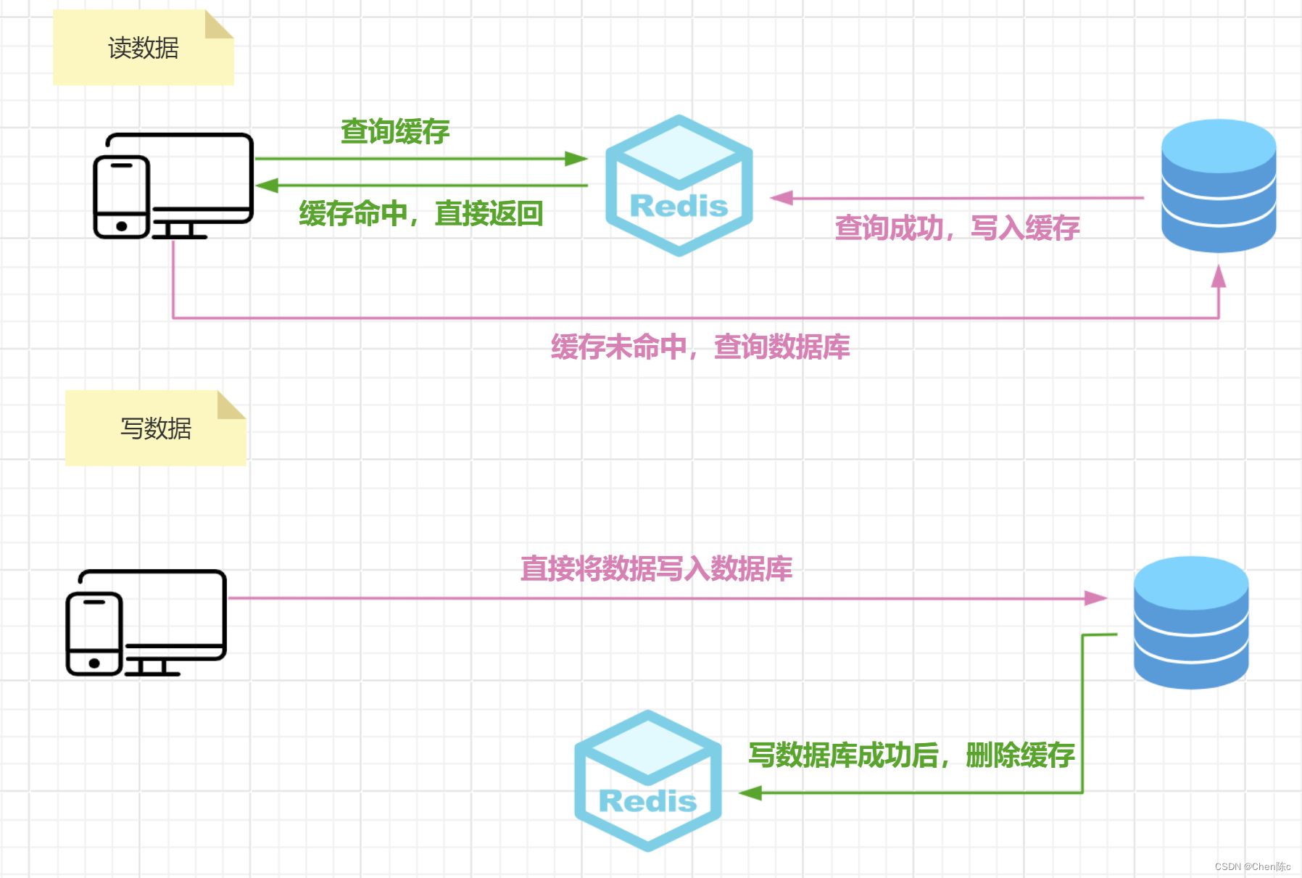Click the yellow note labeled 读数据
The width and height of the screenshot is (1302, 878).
click(143, 49)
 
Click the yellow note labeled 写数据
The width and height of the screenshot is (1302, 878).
click(155, 428)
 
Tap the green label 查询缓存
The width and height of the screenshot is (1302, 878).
click(395, 131)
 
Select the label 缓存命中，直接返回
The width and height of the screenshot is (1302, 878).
click(420, 213)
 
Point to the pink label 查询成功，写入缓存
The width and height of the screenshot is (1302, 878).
click(957, 228)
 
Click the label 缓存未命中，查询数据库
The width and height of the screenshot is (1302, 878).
click(700, 347)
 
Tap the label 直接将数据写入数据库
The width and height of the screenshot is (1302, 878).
click(656, 568)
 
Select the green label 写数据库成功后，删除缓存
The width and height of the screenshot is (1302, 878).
click(911, 755)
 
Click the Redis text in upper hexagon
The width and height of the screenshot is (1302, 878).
click(679, 206)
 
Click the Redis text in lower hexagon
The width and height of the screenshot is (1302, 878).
click(647, 801)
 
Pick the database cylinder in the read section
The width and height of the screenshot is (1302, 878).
click(1218, 186)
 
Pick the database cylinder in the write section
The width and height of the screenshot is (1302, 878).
click(1190, 622)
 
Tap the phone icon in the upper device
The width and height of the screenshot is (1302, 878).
click(122, 196)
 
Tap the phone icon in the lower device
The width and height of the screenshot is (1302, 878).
click(94, 634)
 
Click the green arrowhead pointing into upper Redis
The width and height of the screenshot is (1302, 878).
click(576, 159)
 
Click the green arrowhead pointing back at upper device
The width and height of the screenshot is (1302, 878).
click(267, 186)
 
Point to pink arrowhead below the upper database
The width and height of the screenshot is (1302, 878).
click(1219, 276)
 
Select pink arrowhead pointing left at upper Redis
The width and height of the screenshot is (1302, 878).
click(781, 198)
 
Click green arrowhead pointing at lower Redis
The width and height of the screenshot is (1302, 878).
click(750, 792)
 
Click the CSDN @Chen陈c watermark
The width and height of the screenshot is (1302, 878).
click(1252, 866)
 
